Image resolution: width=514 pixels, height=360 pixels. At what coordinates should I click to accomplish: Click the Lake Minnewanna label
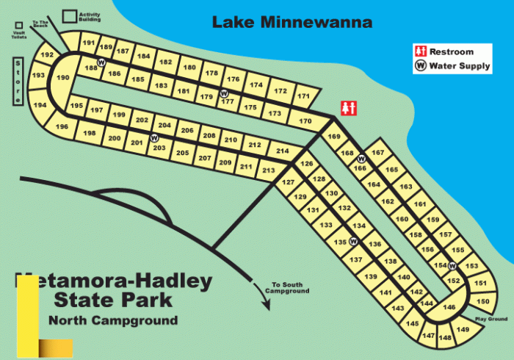[x=292, y=22]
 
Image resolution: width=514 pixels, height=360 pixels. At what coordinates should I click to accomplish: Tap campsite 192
[x=47, y=56]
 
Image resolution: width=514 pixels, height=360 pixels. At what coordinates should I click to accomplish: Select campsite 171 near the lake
[x=303, y=96]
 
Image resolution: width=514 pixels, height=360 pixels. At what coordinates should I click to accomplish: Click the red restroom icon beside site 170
[x=349, y=107]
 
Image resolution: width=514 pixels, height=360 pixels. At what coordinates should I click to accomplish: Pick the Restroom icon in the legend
[x=421, y=51]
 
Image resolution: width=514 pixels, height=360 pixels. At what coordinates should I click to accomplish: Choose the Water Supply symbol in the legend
[x=421, y=65]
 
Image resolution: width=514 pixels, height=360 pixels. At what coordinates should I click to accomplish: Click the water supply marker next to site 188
[x=101, y=62]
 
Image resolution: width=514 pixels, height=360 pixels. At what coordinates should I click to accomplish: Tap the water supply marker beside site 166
[x=361, y=159]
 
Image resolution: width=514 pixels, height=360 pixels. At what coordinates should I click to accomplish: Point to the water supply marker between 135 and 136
[x=353, y=241]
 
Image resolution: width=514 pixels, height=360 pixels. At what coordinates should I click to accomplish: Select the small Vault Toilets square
[x=18, y=25]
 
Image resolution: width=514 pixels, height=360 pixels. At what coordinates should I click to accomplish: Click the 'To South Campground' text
[x=290, y=287]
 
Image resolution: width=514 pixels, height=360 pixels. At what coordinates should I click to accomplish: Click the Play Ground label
[x=491, y=319]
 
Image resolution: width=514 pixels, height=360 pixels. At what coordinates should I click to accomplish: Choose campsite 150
[x=482, y=301]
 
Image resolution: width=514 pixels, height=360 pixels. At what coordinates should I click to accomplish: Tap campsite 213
[x=268, y=171]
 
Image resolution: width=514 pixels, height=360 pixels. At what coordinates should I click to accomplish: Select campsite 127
[x=289, y=181]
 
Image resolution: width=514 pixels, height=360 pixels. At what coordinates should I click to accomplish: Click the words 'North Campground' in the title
[x=113, y=320]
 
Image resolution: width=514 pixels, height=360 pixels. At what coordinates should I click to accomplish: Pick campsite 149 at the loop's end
[x=463, y=330]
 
